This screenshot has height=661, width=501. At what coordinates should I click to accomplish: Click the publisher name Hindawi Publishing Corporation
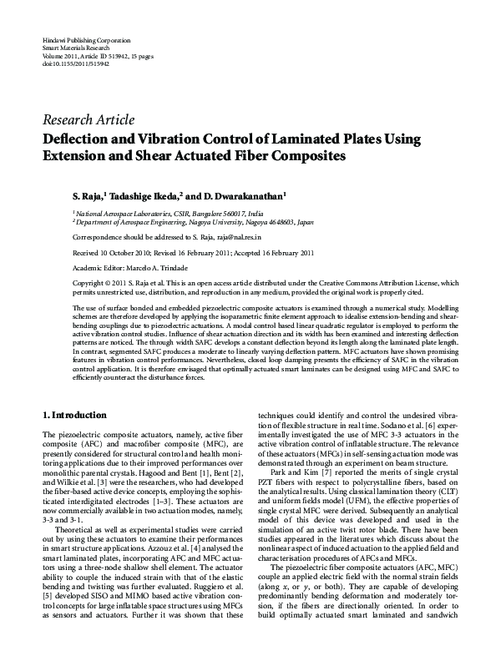click(x=79, y=41)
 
